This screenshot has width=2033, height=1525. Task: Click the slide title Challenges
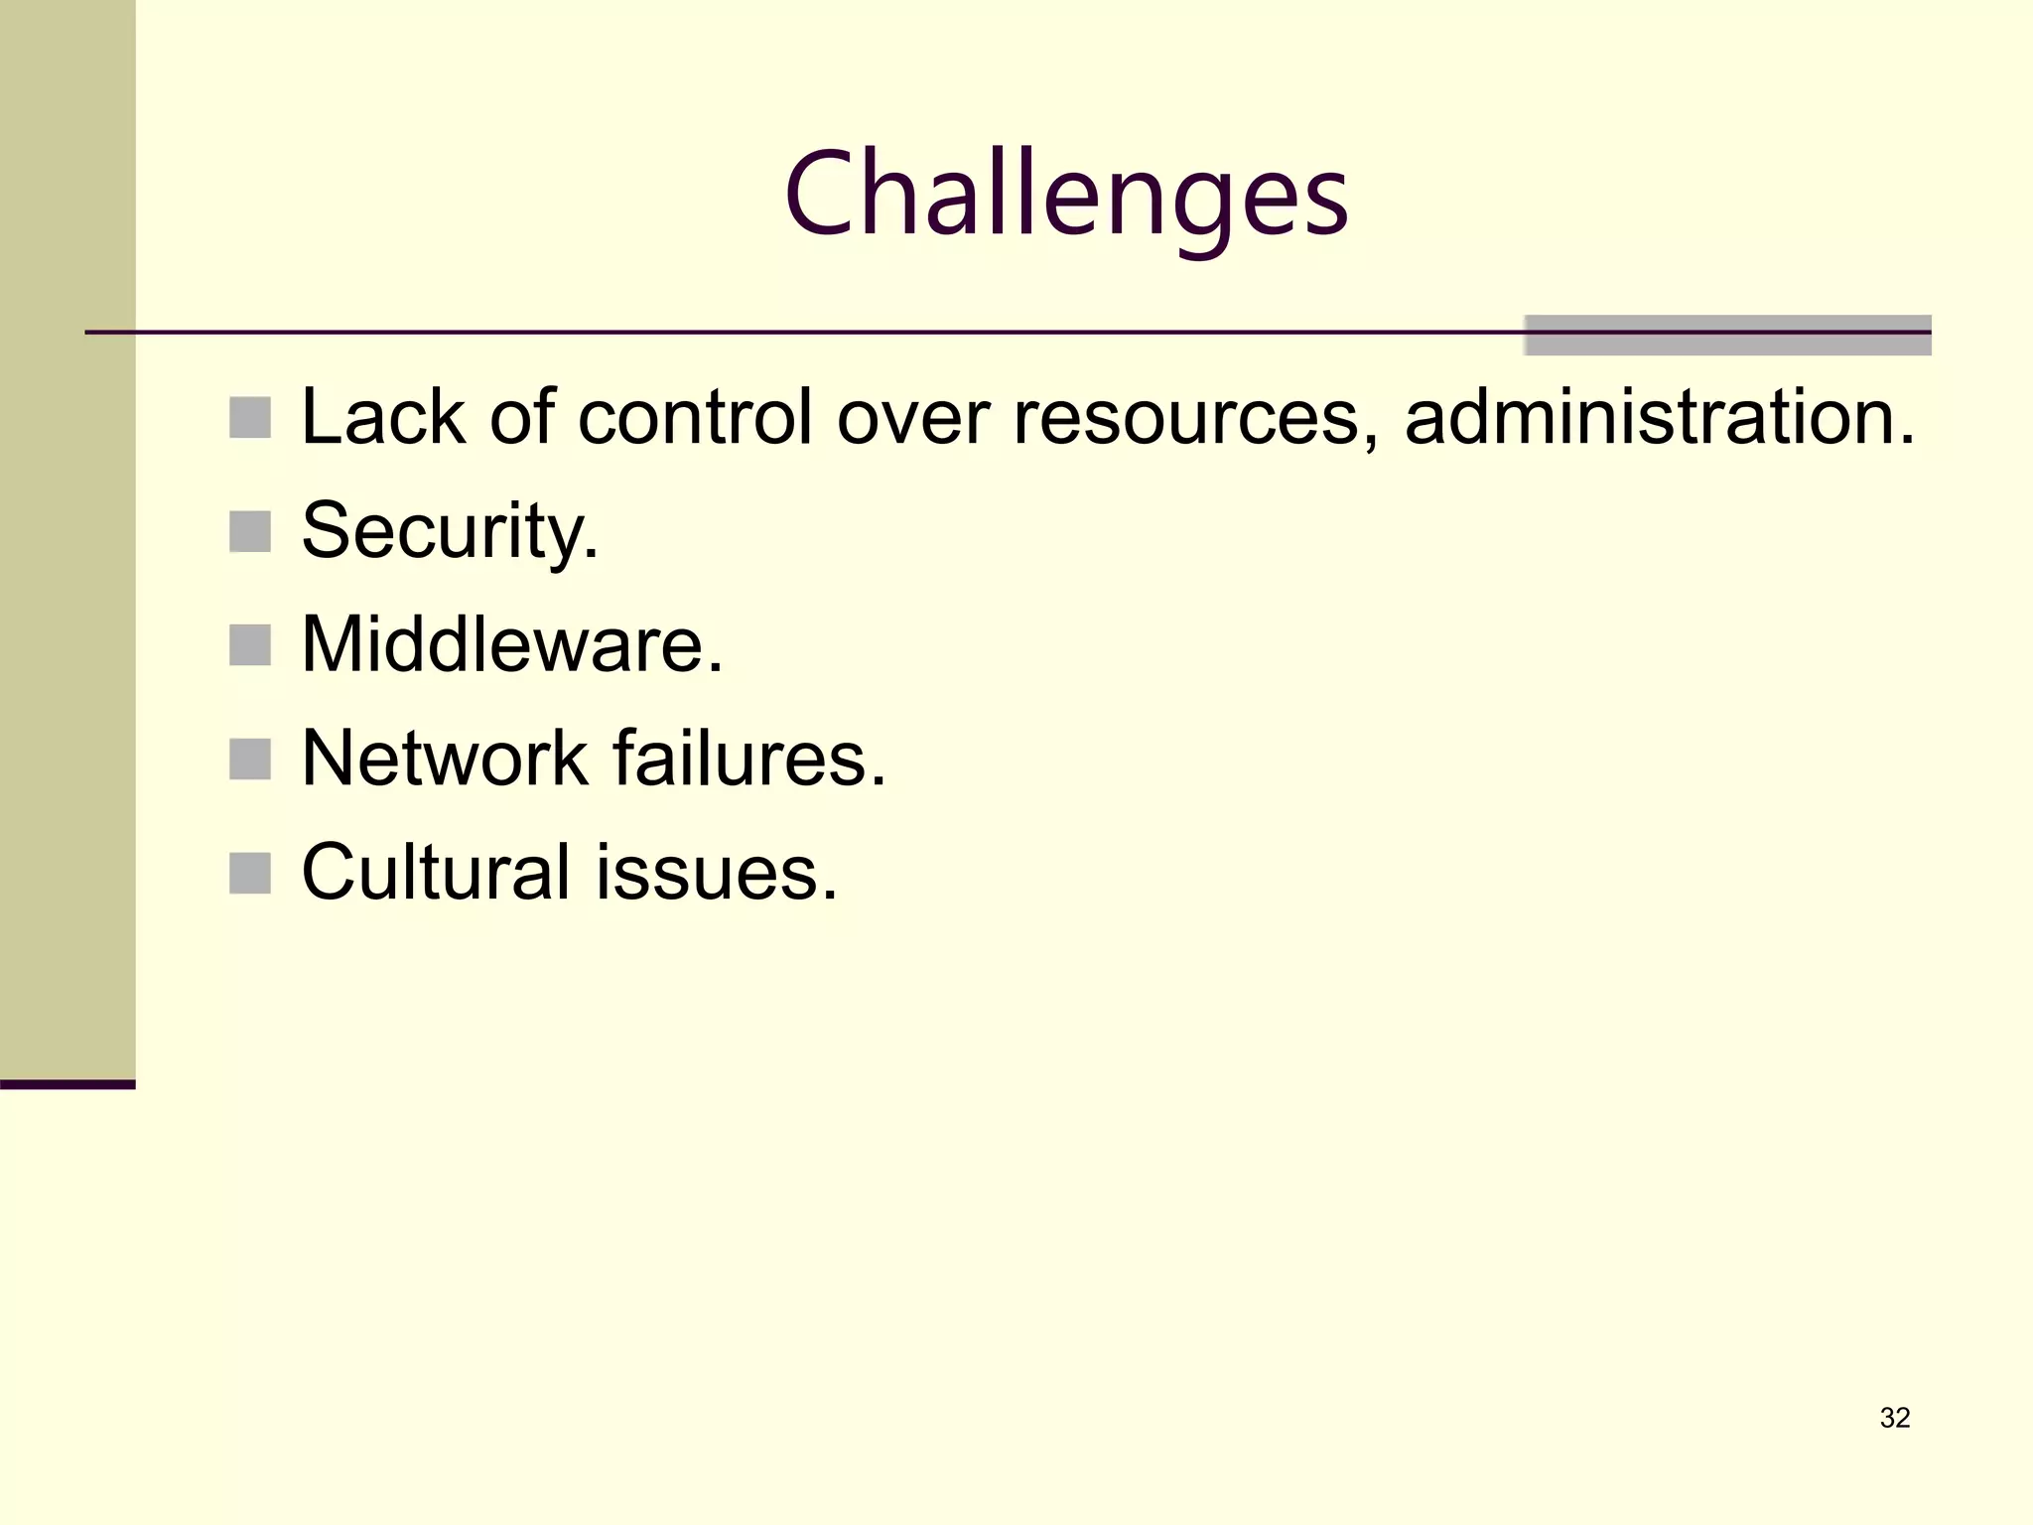tap(1066, 195)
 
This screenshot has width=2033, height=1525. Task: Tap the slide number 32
tap(1894, 1418)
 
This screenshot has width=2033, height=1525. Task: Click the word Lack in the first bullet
tap(383, 417)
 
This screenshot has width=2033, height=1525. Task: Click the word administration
tap(1658, 417)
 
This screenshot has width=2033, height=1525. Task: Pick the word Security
tap(449, 532)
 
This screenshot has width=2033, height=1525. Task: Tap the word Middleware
tap(511, 645)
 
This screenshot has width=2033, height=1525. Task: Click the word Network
tap(445, 760)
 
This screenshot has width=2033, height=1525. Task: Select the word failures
tap(748, 760)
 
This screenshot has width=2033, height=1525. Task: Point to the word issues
tap(717, 873)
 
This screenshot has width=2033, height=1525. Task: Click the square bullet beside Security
tap(250, 532)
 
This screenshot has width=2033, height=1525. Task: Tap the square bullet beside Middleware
tap(250, 645)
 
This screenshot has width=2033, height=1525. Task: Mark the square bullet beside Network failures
tap(250, 760)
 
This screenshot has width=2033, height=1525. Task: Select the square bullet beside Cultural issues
tap(250, 874)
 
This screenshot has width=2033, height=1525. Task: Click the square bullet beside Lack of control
tap(250, 418)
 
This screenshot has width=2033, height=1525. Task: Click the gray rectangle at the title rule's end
tap(1727, 336)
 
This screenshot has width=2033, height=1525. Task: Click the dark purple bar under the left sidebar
tap(68, 1084)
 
